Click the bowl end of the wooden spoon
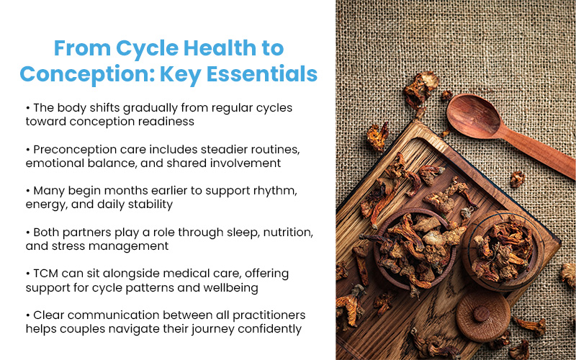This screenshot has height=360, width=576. coord(472,114)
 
